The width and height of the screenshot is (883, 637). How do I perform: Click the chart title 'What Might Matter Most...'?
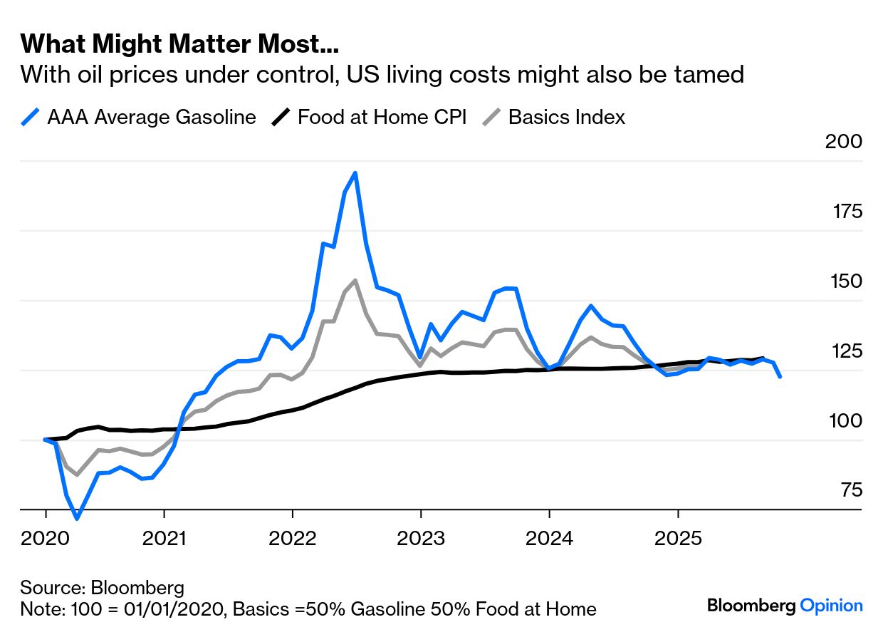click(x=179, y=44)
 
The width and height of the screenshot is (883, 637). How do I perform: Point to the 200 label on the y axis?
click(x=843, y=141)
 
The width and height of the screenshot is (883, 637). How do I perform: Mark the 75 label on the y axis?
click(x=847, y=490)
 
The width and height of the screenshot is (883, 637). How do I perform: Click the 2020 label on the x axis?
click(x=46, y=538)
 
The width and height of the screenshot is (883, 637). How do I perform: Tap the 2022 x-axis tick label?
click(x=292, y=538)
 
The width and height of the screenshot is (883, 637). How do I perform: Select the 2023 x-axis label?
click(x=421, y=538)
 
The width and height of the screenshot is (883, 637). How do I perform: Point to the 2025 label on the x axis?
click(x=678, y=538)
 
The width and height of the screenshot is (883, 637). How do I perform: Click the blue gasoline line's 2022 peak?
click(x=355, y=173)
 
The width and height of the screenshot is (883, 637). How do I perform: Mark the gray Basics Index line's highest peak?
click(x=355, y=280)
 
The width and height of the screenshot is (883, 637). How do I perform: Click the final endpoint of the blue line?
click(x=780, y=376)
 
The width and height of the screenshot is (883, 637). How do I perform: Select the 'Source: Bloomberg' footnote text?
click(x=103, y=588)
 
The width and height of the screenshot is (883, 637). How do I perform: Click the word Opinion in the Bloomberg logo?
click(x=831, y=606)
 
